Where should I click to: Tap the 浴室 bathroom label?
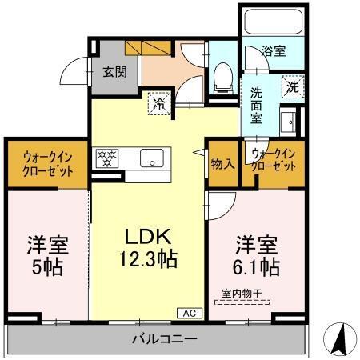click(x=273, y=52)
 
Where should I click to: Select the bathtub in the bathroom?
click(x=273, y=22)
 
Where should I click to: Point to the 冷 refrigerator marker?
click(x=159, y=102)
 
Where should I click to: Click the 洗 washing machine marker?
click(x=292, y=87)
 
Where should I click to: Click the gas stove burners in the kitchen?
click(x=106, y=158)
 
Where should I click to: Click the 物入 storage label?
click(x=222, y=164)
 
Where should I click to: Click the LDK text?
click(x=148, y=237)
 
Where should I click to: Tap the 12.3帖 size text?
click(x=148, y=260)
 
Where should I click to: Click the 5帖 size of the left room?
click(x=43, y=266)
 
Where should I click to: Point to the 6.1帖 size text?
click(x=256, y=265)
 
